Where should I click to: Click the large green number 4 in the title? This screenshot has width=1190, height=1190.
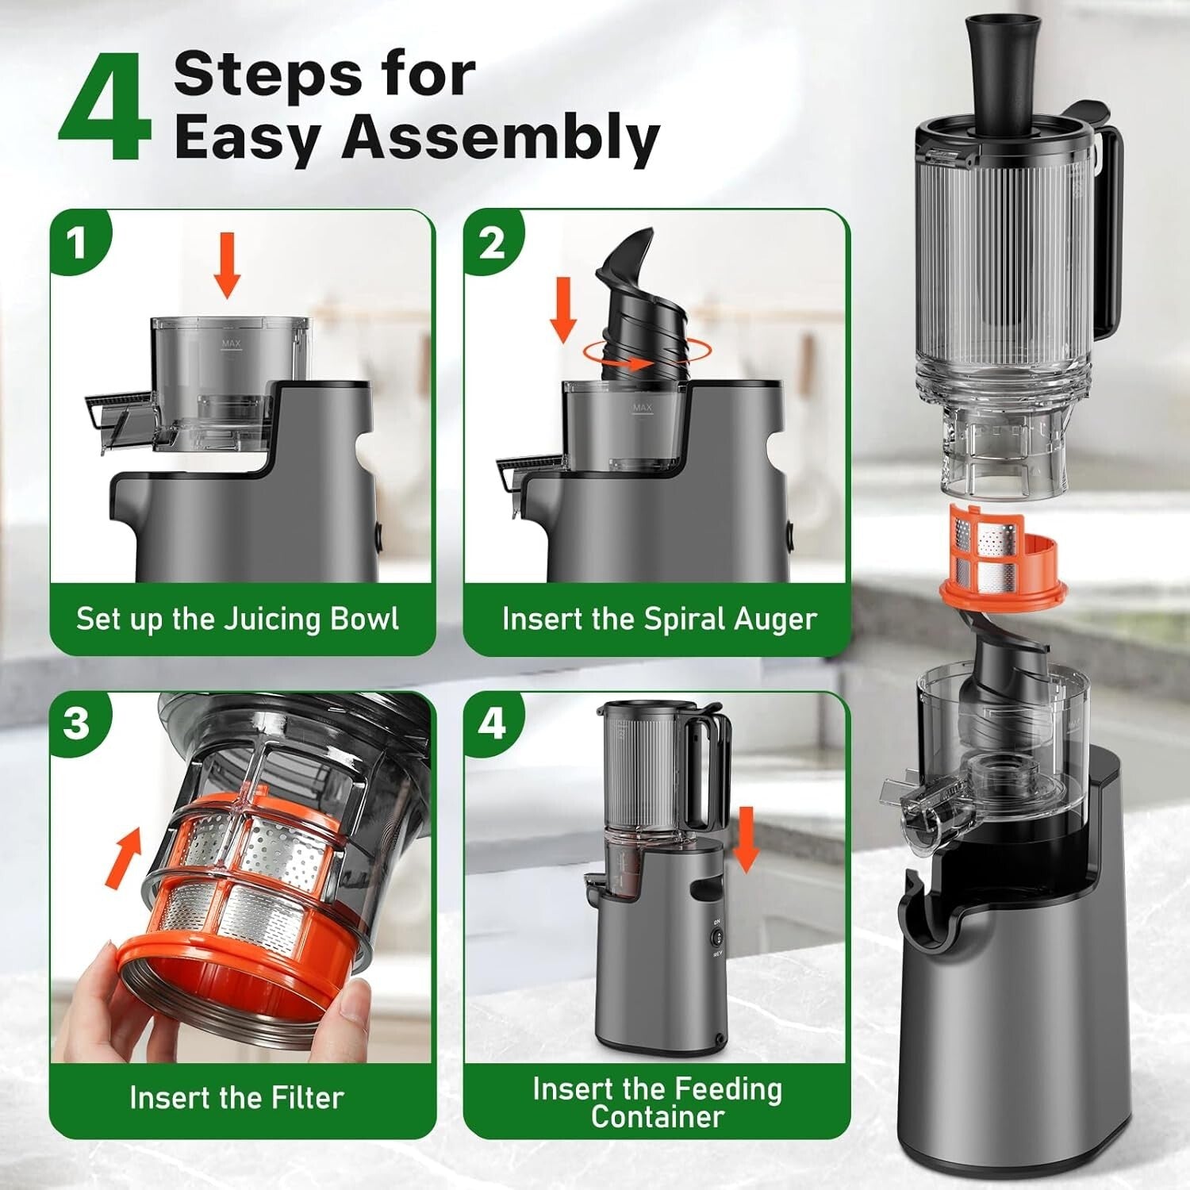click(105, 109)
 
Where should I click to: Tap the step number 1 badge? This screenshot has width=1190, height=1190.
click(77, 244)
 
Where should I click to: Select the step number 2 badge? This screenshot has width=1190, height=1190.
click(491, 242)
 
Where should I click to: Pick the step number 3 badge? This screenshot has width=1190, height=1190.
click(77, 723)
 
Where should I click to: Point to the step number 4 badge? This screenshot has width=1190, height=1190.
click(492, 723)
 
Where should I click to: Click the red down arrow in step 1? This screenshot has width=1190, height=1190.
click(227, 265)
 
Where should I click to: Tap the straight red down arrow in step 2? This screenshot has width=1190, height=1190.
click(563, 309)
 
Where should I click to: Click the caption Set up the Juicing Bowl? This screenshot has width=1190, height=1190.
click(237, 619)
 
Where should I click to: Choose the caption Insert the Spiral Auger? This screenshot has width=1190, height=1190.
click(659, 619)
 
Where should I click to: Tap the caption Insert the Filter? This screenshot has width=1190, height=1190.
click(236, 1098)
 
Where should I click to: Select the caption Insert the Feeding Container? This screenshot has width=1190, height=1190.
click(657, 1103)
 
